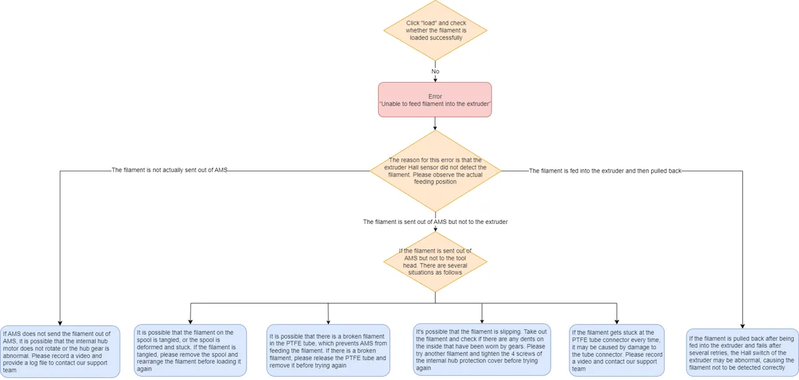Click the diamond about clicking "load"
(x=435, y=31)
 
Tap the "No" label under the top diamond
(x=435, y=71)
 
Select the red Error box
(x=435, y=99)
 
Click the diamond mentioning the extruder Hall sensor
(x=435, y=171)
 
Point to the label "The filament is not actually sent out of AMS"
(x=169, y=171)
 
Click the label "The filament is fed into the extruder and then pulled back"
(x=605, y=171)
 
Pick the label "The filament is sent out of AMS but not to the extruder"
(x=435, y=222)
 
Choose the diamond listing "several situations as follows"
(x=435, y=262)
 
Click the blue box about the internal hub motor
(x=60, y=351)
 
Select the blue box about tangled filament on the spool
(x=190, y=351)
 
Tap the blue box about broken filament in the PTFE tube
(x=328, y=351)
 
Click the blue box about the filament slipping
(x=482, y=349)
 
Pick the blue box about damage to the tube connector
(x=617, y=351)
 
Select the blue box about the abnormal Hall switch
(x=742, y=353)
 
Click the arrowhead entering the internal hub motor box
(x=60, y=323)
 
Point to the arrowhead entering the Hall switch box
(x=742, y=326)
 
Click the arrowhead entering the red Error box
(x=435, y=79)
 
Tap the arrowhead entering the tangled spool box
(x=190, y=322)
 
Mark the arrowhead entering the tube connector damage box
(x=617, y=322)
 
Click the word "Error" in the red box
(x=435, y=97)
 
